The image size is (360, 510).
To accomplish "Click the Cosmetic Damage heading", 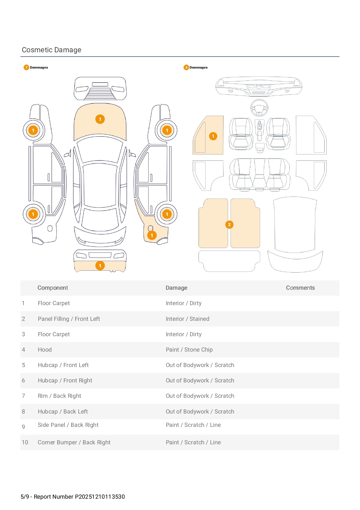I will (52, 50).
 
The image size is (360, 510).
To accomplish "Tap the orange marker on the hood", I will (100, 119).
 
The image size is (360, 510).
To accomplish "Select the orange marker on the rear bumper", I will (100, 266).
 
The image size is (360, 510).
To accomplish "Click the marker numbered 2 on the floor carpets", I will (229, 225).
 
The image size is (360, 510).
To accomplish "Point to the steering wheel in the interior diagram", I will (259, 108).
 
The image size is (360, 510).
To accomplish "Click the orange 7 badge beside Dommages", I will (26, 67).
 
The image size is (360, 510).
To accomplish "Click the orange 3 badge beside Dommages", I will (186, 67).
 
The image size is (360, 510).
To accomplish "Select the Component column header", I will (53, 288).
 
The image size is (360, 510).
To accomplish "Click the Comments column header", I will (300, 288).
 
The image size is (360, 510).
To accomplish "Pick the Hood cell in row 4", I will (45, 350).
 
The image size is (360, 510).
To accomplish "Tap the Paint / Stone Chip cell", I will (189, 350).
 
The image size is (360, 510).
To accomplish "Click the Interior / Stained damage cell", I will (187, 319).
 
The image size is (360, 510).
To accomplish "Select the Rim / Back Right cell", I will (60, 396).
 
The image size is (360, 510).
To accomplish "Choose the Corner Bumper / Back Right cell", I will (74, 442).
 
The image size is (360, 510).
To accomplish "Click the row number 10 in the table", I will (25, 442).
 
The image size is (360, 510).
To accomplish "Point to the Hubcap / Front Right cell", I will (65, 380).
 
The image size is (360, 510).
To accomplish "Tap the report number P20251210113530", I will (100, 497).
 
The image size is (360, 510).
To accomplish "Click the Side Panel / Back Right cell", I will (68, 425).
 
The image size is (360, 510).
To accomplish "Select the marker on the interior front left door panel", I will (213, 136).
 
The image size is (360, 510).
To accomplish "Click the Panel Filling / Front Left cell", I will (69, 319).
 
